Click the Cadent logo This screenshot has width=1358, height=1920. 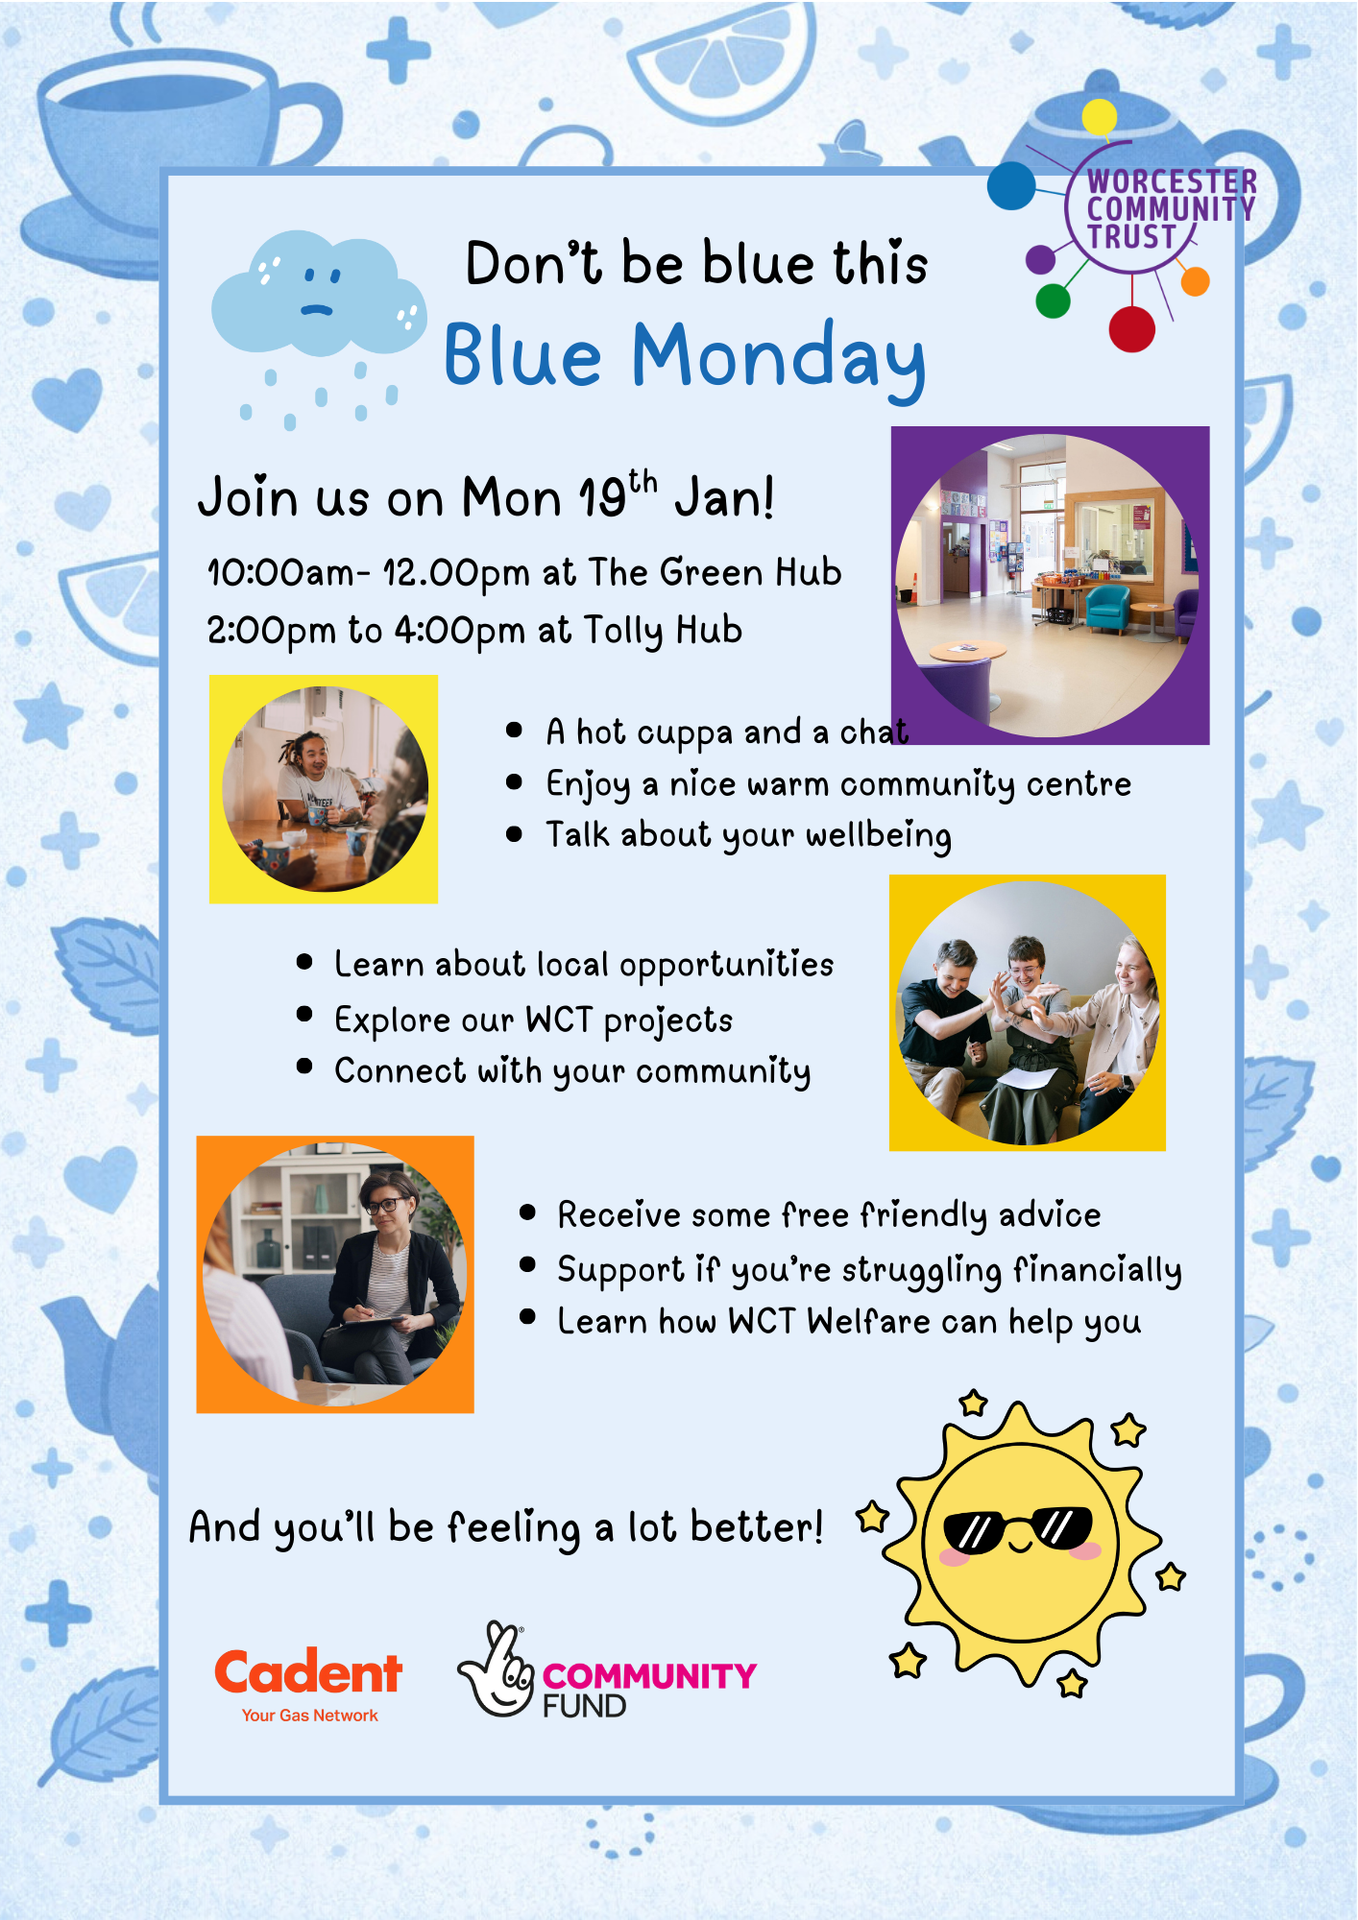click(x=308, y=1685)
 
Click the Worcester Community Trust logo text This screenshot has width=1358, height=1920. click(x=1171, y=209)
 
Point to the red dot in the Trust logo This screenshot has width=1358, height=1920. click(x=1132, y=329)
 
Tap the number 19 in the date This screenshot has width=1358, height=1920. click(x=602, y=498)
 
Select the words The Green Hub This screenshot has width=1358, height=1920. click(x=715, y=572)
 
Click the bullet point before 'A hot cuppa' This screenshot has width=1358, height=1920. click(x=514, y=731)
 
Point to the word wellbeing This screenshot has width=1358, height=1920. click(x=879, y=835)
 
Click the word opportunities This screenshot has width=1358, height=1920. click(x=726, y=966)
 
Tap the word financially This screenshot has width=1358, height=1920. click(x=1098, y=1270)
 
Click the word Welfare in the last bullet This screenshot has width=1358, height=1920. click(x=868, y=1322)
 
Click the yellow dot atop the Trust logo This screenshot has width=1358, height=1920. click(x=1099, y=118)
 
